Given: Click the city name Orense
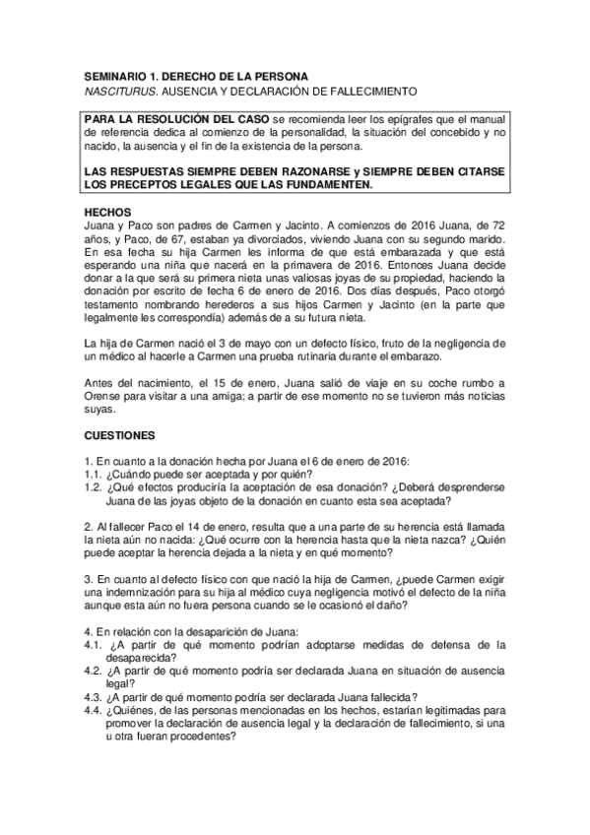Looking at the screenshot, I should tap(104, 391).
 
